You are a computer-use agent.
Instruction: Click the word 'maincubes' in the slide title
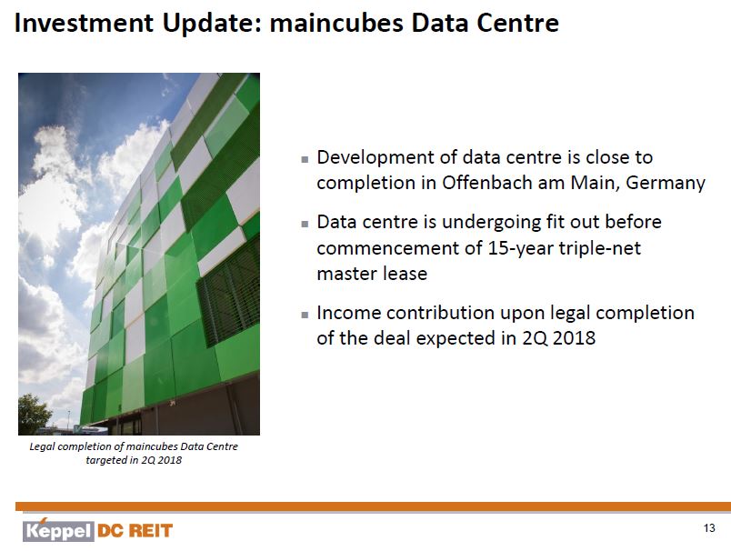click(x=336, y=23)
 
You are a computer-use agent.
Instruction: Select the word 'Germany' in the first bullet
click(x=666, y=183)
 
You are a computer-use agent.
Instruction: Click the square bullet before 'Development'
click(x=305, y=159)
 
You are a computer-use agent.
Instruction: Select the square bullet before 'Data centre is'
click(x=305, y=224)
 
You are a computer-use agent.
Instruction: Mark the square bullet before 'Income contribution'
click(x=305, y=315)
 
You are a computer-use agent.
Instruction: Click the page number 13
click(x=709, y=528)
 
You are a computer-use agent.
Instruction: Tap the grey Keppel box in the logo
click(x=58, y=531)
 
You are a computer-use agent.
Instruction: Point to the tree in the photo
click(x=34, y=413)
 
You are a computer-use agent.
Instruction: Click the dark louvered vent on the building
click(x=228, y=294)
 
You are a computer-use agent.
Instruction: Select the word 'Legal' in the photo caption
click(x=42, y=446)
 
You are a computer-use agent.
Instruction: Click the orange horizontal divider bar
click(x=373, y=506)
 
